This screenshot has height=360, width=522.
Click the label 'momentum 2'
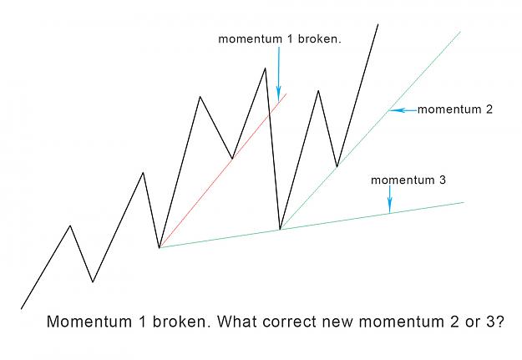[454, 109]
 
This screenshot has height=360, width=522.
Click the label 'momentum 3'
[408, 180]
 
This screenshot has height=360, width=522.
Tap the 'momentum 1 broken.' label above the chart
[280, 39]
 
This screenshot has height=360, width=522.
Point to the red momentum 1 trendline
[223, 170]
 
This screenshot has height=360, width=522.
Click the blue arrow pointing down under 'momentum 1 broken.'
[279, 74]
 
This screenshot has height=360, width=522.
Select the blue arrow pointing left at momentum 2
[403, 110]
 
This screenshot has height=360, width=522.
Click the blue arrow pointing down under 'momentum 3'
[389, 199]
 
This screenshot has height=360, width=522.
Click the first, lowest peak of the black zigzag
[70, 226]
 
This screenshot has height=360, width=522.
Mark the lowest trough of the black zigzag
[93, 281]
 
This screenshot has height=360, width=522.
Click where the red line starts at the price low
[160, 248]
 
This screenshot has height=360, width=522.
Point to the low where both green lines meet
[281, 229]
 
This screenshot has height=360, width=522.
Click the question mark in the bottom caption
[499, 322]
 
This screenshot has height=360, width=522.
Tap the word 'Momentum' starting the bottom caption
[89, 322]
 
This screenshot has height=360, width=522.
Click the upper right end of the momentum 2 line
[460, 32]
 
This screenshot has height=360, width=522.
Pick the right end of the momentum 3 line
[464, 202]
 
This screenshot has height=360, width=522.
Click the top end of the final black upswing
[378, 24]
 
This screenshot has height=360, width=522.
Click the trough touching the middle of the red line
[232, 159]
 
